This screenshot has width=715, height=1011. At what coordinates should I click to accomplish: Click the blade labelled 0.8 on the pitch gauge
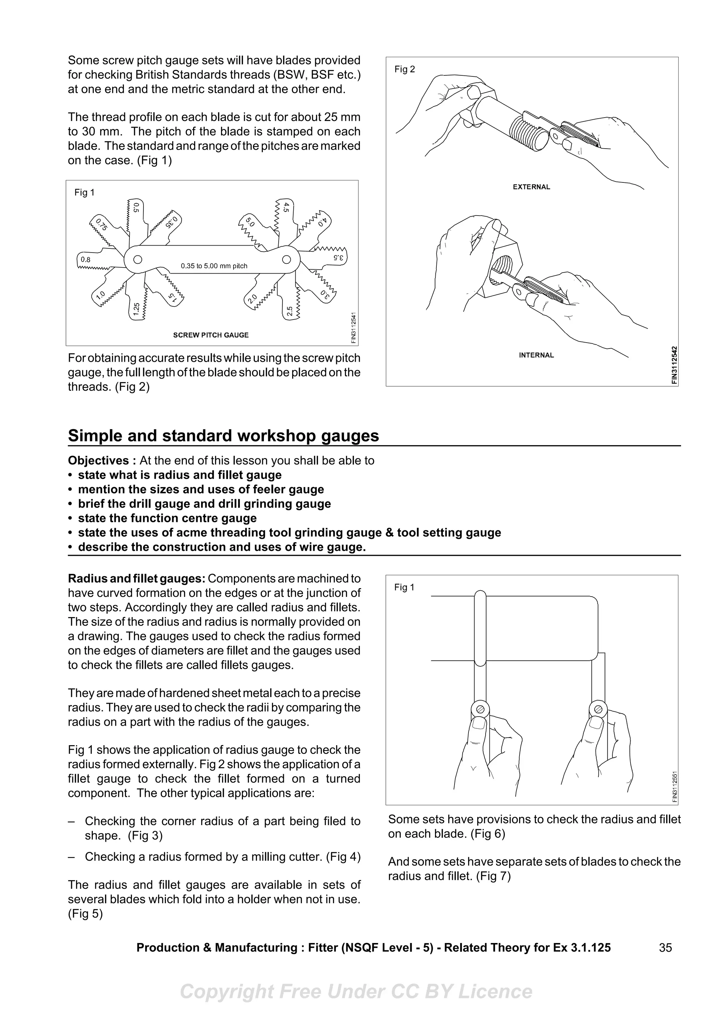[86, 260]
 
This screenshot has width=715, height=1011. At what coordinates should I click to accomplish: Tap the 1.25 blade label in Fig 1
[137, 309]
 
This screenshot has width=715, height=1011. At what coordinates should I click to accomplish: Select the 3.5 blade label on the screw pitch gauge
[338, 257]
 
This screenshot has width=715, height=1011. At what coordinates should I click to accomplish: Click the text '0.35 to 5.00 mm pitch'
[214, 266]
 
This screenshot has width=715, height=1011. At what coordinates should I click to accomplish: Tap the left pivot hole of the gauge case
[138, 259]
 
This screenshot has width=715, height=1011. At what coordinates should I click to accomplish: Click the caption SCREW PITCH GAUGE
[211, 335]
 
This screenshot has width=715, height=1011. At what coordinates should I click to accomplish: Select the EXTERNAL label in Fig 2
[531, 187]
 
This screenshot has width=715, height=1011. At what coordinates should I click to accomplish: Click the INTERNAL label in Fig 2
[536, 355]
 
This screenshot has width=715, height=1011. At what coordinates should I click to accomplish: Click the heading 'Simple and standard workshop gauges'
[223, 436]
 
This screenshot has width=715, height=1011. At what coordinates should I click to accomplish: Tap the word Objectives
[98, 460]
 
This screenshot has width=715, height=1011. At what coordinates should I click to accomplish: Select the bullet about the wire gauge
[222, 547]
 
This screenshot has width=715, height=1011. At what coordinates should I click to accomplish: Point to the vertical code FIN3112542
[675, 365]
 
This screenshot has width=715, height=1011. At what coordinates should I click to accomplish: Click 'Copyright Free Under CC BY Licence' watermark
[356, 991]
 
